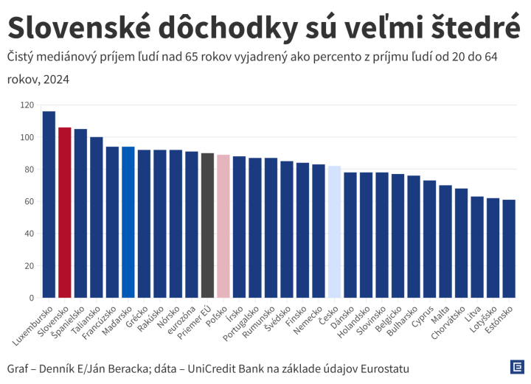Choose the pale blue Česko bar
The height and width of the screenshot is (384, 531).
click(334, 231)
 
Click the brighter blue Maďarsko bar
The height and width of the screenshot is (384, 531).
click(128, 222)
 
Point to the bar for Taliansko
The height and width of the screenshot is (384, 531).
click(97, 217)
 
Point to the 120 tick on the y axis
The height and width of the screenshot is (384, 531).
click(28, 105)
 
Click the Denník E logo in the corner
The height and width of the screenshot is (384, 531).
click(518, 366)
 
